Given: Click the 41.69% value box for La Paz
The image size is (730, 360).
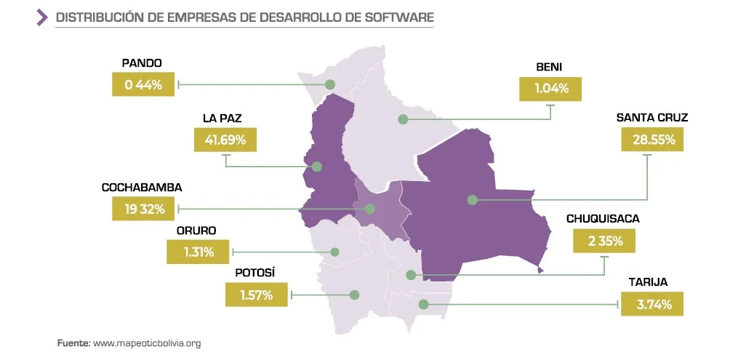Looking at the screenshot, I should pyautogui.click(x=225, y=140).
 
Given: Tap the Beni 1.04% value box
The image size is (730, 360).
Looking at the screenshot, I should pyautogui.click(x=550, y=90).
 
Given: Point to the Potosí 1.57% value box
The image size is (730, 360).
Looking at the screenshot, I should pyautogui.click(x=256, y=295).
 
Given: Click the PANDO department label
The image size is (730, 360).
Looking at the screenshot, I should pyautogui.click(x=142, y=63).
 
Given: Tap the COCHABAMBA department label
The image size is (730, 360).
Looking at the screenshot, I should pyautogui.click(x=142, y=187).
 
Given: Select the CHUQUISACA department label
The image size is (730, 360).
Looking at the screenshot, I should pyautogui.click(x=603, y=218).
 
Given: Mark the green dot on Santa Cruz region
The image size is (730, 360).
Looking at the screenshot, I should pyautogui.click(x=472, y=199).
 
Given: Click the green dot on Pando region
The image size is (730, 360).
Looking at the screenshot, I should pyautogui.click(x=330, y=84).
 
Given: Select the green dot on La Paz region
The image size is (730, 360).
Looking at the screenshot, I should pyautogui.click(x=316, y=167).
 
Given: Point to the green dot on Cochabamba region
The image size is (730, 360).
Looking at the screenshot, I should pyautogui.click(x=369, y=209).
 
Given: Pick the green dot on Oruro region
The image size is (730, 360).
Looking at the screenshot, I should pyautogui.click(x=335, y=252).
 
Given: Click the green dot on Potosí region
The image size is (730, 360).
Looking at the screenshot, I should pyautogui.click(x=355, y=295).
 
